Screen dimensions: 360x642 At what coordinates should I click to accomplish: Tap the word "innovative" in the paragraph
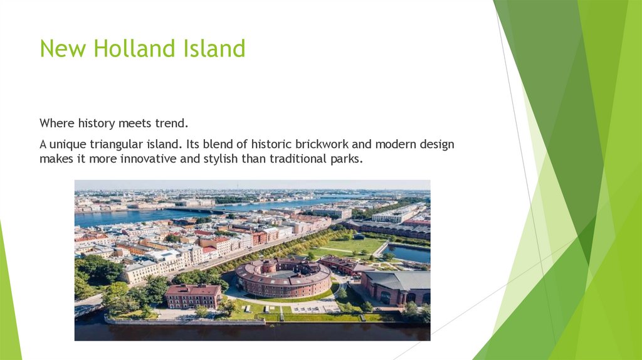tap(146, 159)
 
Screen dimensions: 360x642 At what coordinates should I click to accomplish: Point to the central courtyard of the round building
tap(284, 273)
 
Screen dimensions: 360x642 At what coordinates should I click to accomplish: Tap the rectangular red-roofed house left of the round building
tap(192, 295)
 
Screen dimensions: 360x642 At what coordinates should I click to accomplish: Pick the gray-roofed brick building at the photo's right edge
tap(399, 285)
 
